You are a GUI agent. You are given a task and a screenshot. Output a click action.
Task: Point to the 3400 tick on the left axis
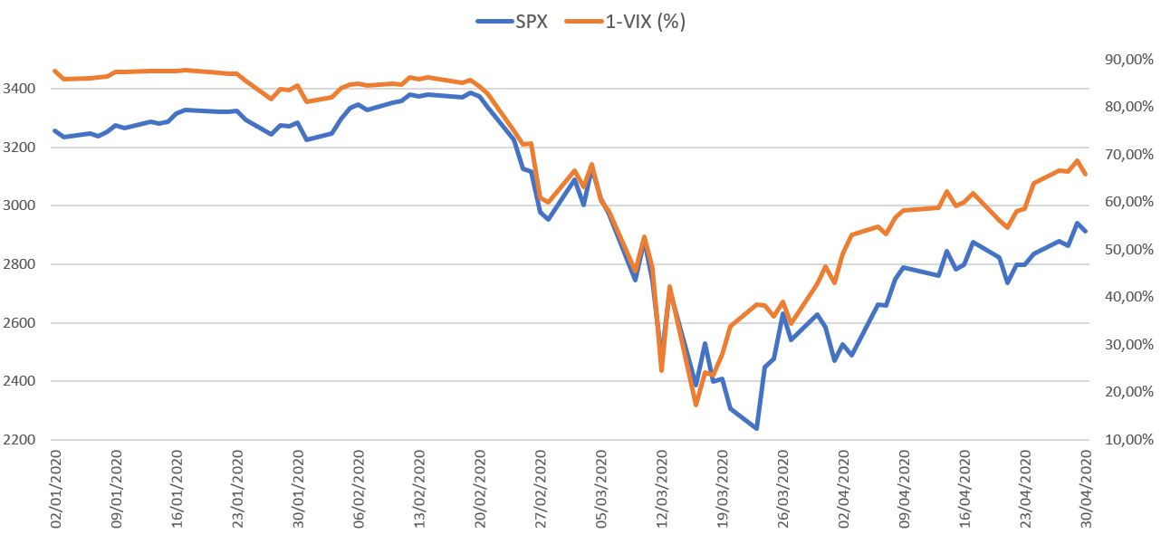[20, 89]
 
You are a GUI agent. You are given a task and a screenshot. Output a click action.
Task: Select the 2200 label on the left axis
[20, 440]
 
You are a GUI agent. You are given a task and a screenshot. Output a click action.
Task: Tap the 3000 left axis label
[20, 205]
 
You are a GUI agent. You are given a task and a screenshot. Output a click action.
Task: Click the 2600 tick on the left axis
[20, 323]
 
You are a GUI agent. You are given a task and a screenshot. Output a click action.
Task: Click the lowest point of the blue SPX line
[756, 428]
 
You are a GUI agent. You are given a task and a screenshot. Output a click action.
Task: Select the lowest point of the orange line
[696, 405]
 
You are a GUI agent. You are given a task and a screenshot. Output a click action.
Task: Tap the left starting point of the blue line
[55, 130]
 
